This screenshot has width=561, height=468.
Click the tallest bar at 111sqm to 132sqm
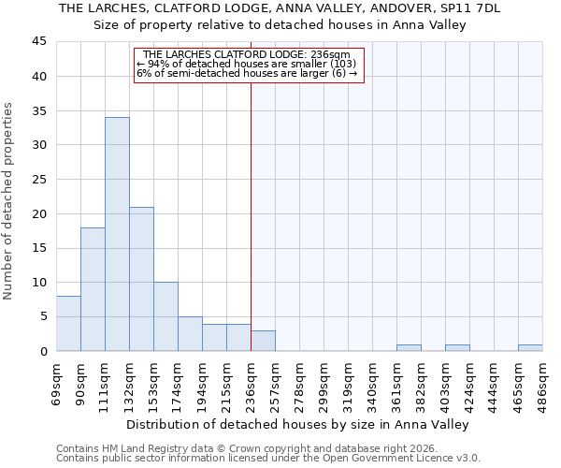(117, 234)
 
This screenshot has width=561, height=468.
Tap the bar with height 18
(93, 289)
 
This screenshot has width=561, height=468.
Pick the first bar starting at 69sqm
(68, 324)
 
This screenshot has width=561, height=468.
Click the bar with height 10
(165, 316)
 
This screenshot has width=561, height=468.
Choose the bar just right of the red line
(263, 341)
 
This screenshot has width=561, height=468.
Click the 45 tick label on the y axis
(39, 42)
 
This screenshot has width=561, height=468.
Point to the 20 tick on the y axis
(39, 213)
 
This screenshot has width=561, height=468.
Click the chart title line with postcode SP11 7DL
(280, 8)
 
